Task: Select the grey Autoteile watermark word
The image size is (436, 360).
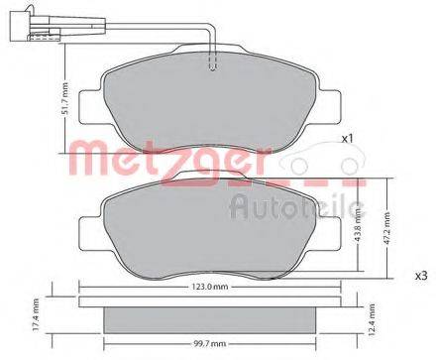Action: (x=297, y=205)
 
